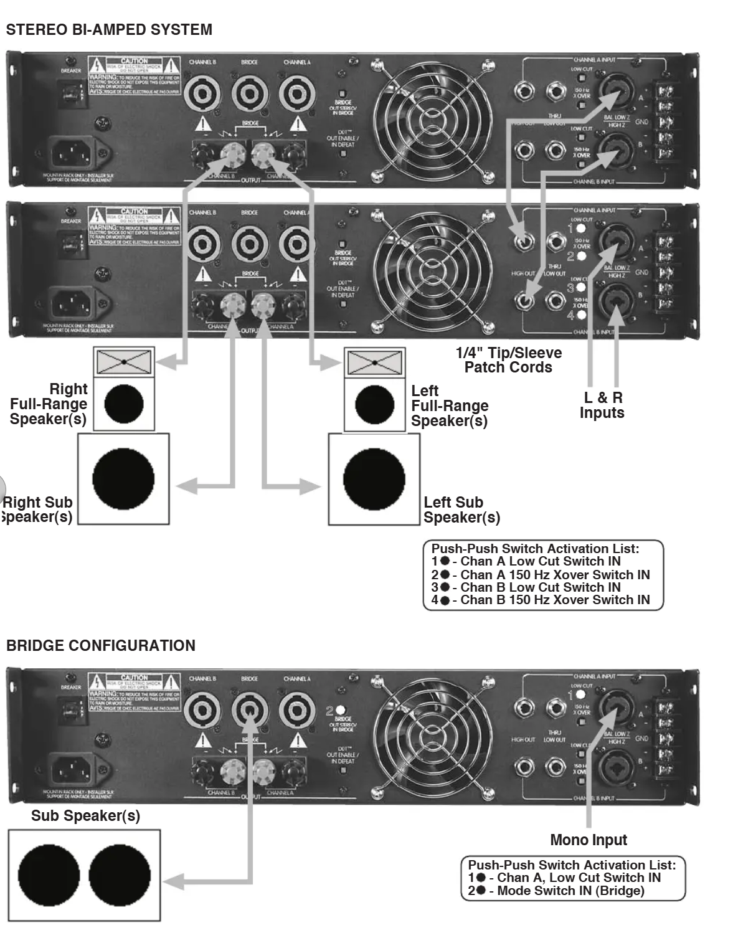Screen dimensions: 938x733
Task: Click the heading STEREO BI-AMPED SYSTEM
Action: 109,30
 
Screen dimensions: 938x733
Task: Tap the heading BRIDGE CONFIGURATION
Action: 101,645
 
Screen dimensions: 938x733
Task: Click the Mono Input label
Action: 589,840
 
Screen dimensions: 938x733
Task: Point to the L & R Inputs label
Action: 602,405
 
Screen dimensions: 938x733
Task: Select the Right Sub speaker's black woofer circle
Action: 123,480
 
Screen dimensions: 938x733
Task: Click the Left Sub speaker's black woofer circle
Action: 374,479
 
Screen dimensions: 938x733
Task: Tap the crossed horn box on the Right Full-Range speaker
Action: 124,361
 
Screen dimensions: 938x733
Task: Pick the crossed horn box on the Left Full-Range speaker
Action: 374,362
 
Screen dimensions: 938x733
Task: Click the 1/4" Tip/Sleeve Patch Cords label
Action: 508,360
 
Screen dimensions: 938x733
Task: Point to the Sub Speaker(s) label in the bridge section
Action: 86,815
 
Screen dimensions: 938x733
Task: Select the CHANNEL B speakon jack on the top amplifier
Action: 202,93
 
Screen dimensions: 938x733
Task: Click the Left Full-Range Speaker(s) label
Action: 449,405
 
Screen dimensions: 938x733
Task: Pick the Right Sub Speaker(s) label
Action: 37,509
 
